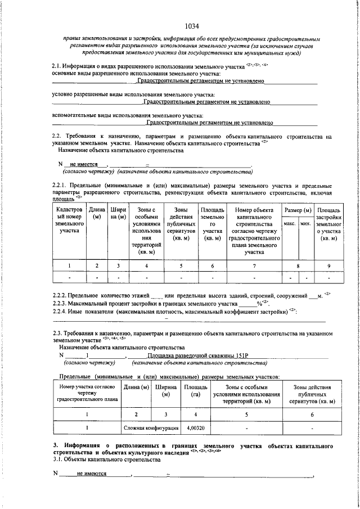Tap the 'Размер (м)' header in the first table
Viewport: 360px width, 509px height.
pyautogui.click(x=298, y=210)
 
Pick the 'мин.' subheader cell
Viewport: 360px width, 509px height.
pyautogui.click(x=306, y=223)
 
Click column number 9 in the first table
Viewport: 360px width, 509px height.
pyautogui.click(x=329, y=266)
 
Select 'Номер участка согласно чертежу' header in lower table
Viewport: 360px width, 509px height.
pyautogui.click(x=87, y=393)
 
